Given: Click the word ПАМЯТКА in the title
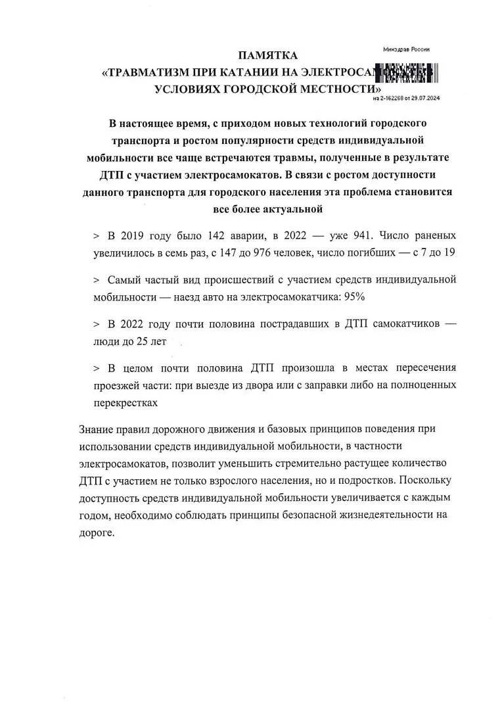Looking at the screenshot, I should pyautogui.click(x=267, y=55).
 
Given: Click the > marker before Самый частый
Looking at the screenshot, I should pyautogui.click(x=96, y=279).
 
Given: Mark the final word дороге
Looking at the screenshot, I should pyautogui.click(x=96, y=532).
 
